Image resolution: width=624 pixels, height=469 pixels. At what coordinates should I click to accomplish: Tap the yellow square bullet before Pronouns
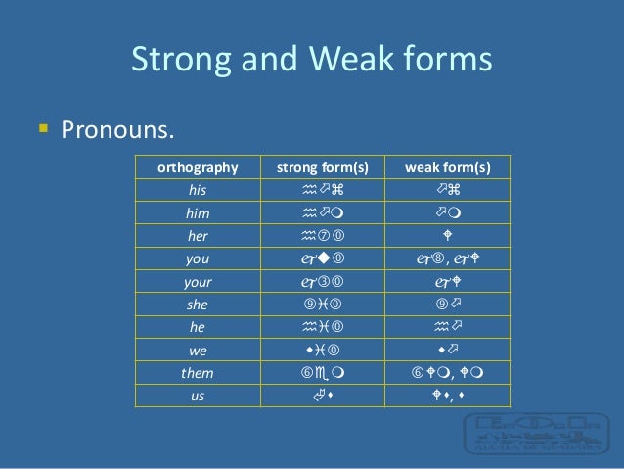[x=42, y=127]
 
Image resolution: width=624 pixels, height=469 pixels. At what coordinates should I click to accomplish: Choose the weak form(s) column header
[x=448, y=166]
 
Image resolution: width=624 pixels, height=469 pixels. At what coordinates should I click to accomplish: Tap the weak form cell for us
[x=448, y=396]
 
